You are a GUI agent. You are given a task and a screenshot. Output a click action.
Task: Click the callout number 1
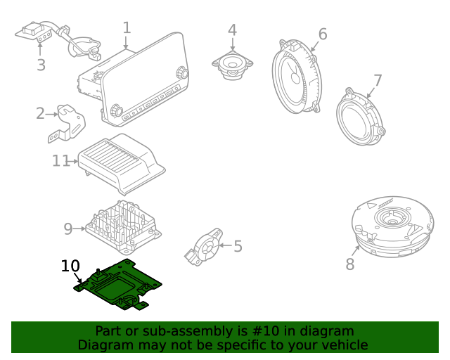pyautogui.click(x=127, y=28)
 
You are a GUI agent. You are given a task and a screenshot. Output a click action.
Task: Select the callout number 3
pyautogui.click(x=41, y=65)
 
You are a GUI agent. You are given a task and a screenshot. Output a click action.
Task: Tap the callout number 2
pyautogui.click(x=41, y=113)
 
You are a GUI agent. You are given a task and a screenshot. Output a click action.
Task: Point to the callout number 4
pyautogui.click(x=232, y=30)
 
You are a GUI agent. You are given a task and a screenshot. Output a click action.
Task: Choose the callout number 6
pyautogui.click(x=323, y=34)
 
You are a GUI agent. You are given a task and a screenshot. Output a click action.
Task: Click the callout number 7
pyautogui.click(x=378, y=80)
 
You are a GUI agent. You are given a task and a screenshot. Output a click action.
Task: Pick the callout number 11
pyautogui.click(x=60, y=161)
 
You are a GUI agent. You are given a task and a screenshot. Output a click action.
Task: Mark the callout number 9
pyautogui.click(x=68, y=229)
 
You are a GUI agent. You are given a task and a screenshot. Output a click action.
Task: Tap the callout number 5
pyautogui.click(x=238, y=246)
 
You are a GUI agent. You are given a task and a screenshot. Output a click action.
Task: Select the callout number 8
pyautogui.click(x=350, y=264)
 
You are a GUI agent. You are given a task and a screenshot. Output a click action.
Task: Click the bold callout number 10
pyautogui.click(x=70, y=266)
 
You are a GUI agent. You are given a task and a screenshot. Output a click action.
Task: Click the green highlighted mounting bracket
pyautogui.click(x=120, y=285)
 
